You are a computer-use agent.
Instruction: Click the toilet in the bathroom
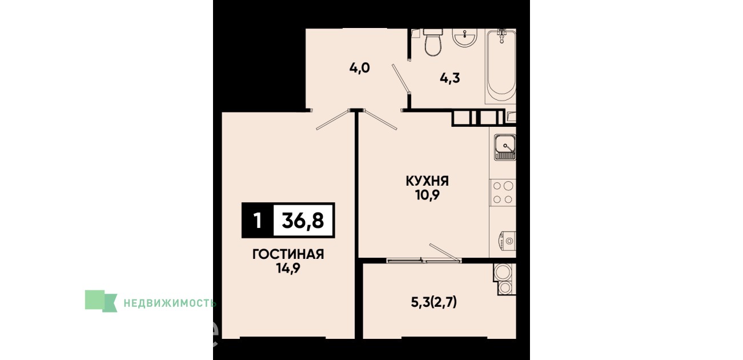tap(433, 42)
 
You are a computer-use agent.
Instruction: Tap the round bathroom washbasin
tap(465, 37)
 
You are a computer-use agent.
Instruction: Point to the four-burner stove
tap(503, 193)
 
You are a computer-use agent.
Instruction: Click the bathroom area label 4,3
tap(450, 79)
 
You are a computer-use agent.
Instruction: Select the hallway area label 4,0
tap(360, 68)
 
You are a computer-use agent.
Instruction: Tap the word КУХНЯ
tap(427, 181)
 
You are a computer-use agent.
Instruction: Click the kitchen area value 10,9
tap(427, 195)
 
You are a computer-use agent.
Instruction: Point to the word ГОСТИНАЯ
tap(288, 254)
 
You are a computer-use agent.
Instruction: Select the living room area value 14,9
tap(288, 268)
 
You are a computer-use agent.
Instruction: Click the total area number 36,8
tap(303, 221)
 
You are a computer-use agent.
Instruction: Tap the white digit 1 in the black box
tap(258, 221)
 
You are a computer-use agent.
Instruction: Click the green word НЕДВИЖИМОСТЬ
tap(170, 303)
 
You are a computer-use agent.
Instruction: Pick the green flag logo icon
tap(101, 301)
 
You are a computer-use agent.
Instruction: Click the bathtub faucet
tap(502, 35)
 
